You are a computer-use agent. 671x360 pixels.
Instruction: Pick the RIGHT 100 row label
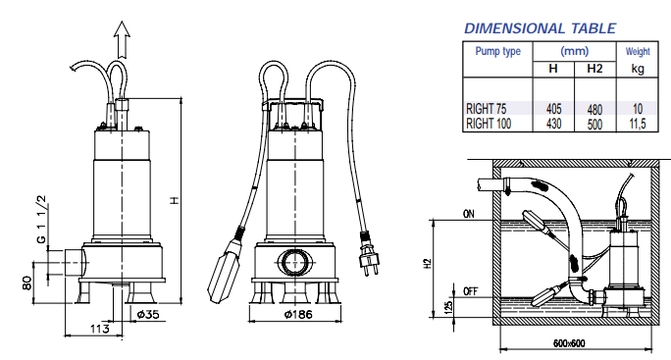(490, 124)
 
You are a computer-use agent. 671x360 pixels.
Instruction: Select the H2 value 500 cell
(594, 124)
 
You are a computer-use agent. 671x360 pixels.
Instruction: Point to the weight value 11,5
(635, 124)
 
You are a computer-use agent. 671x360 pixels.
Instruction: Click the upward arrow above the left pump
(122, 40)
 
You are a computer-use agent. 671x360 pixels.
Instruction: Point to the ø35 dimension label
(146, 315)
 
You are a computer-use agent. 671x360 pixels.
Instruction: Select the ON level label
(468, 214)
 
